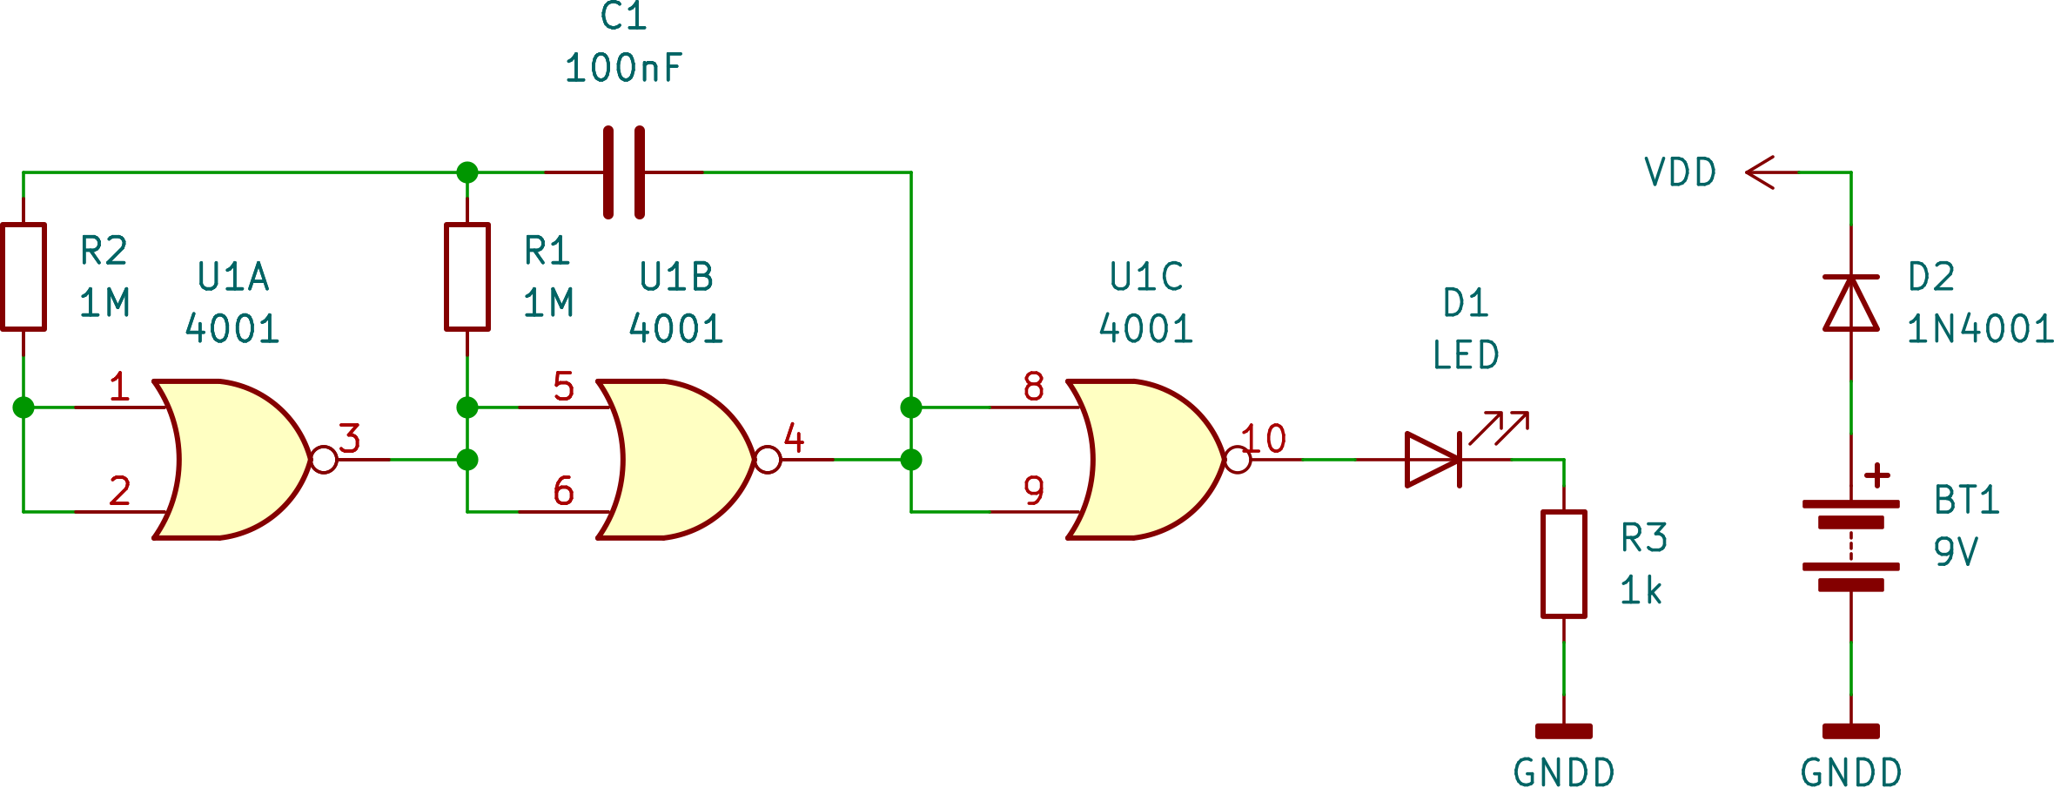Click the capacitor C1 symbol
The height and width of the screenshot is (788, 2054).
[x=624, y=172]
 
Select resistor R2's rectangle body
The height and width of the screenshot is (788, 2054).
[x=23, y=277]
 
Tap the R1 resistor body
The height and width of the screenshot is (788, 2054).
[x=467, y=277]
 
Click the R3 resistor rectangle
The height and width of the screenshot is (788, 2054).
[x=1564, y=564]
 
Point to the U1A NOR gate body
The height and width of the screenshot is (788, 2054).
[x=231, y=459]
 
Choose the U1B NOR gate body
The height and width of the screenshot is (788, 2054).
[x=675, y=459]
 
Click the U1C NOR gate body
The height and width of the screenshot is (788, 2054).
[x=1144, y=459]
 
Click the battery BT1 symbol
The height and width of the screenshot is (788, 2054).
[x=1850, y=544]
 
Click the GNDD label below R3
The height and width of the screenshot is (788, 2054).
[x=1564, y=772]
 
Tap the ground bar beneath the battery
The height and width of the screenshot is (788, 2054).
[x=1851, y=731]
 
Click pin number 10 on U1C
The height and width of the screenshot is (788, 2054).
[x=1264, y=439]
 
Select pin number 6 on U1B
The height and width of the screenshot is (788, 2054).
[x=564, y=491]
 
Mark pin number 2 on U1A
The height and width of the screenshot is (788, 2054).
[x=120, y=491]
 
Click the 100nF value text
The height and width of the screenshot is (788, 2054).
[x=624, y=68]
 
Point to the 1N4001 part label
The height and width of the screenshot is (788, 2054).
[x=1980, y=329]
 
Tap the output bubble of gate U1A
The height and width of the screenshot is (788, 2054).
[x=324, y=460]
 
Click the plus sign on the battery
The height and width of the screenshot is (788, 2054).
[x=1877, y=475]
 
